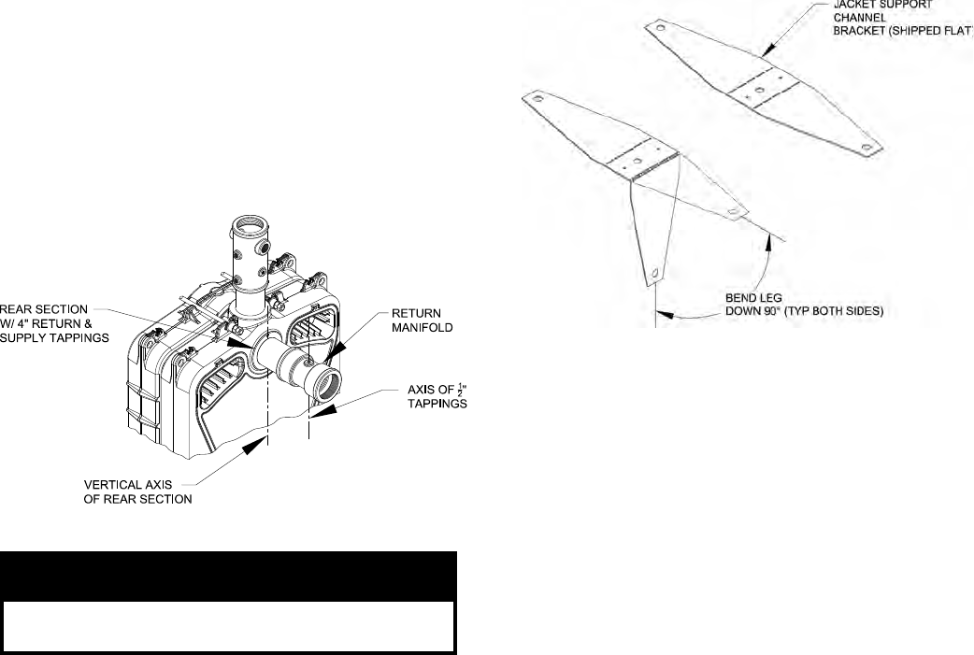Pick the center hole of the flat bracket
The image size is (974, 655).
(x=760, y=91)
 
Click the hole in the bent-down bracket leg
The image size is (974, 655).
(x=654, y=273)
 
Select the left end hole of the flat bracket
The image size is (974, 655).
(x=661, y=29)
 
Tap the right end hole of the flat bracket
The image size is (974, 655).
(x=868, y=148)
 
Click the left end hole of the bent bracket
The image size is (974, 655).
(x=537, y=96)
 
